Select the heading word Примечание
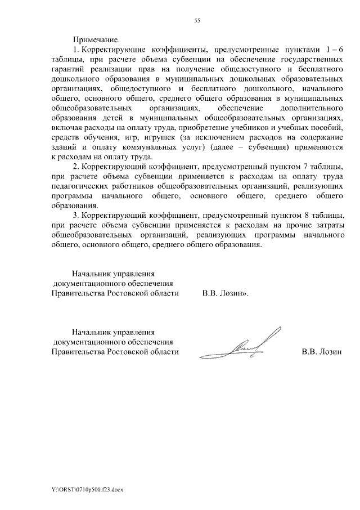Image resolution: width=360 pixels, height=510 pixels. (96, 39)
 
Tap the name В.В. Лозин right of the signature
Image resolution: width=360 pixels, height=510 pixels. (322, 352)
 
